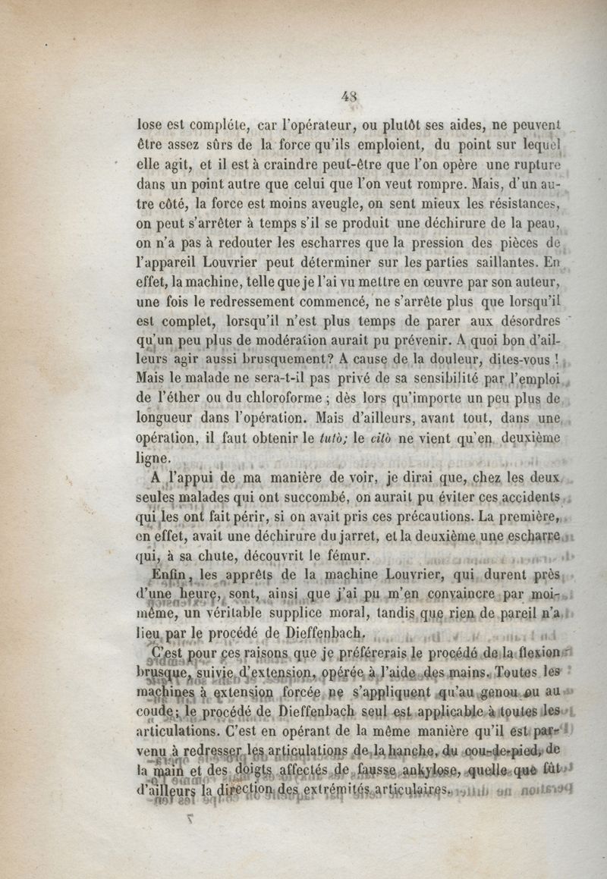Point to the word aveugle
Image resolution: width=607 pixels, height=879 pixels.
coord(318,204)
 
